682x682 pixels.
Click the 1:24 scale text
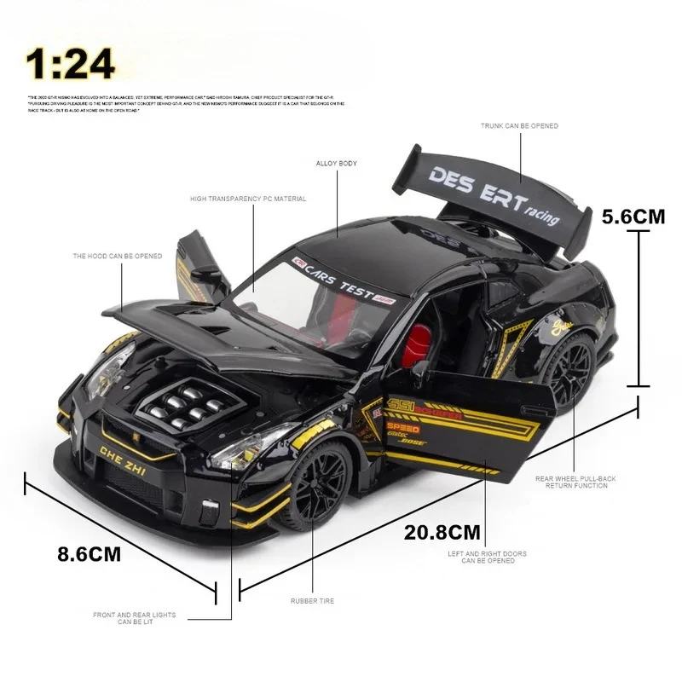click(x=70, y=63)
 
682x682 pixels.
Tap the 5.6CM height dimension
click(x=633, y=217)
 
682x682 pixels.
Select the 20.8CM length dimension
click(x=442, y=533)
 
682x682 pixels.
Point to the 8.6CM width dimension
click(x=89, y=554)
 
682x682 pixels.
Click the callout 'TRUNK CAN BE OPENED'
click(x=519, y=126)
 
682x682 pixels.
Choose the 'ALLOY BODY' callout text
click(x=337, y=163)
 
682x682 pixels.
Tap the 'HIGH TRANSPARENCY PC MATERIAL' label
click(x=248, y=199)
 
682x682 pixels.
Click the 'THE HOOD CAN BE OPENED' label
click(x=117, y=256)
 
